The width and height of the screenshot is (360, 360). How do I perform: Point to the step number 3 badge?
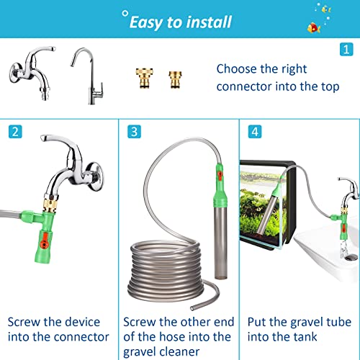[x=132, y=132]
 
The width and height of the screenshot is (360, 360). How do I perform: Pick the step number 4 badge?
[x=254, y=132]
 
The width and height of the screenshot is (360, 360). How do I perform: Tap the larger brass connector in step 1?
[x=143, y=77]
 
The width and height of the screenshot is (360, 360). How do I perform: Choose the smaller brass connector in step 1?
[x=175, y=78]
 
